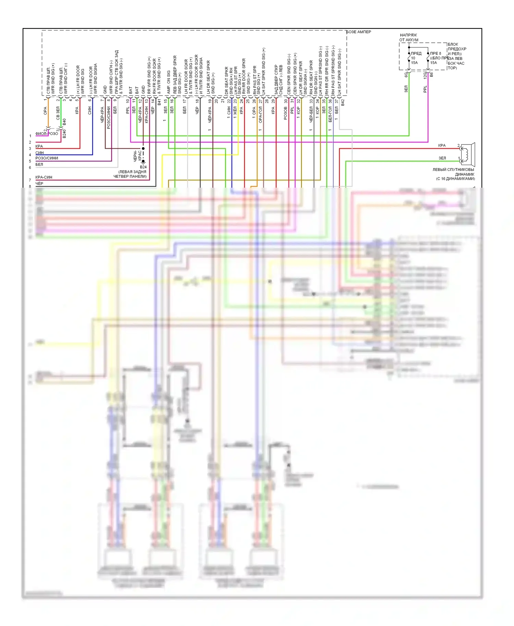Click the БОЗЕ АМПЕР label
[359, 32]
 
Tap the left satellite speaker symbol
[468, 154]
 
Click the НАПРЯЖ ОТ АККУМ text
[408, 37]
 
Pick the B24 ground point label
[143, 167]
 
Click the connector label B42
[342, 102]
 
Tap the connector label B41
[159, 102]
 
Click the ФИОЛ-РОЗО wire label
[47, 134]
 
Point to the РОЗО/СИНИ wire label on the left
[47, 158]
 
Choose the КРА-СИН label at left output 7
[44, 177]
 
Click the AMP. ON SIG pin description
[169, 82]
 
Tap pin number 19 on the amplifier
[210, 101]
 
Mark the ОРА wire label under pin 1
[45, 111]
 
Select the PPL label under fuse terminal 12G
[425, 89]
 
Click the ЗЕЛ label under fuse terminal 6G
[406, 89]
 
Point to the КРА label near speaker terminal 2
[442, 146]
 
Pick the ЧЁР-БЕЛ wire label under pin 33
[311, 114]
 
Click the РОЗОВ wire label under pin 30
[285, 113]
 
